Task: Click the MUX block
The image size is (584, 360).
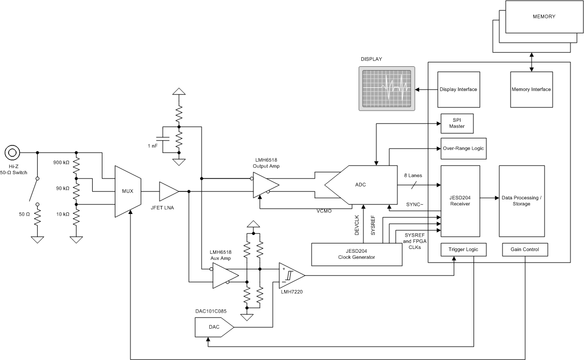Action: (128, 191)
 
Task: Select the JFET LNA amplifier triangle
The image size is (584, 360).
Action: (168, 191)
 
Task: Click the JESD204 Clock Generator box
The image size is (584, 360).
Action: (358, 253)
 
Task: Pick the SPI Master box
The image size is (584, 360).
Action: (457, 123)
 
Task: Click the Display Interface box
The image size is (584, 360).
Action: (458, 89)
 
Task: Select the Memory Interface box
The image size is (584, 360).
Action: (531, 89)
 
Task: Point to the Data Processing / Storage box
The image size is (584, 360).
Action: (521, 200)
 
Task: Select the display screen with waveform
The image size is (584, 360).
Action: (387, 88)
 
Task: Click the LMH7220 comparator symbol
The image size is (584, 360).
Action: (291, 275)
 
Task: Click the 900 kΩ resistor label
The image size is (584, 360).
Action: (61, 163)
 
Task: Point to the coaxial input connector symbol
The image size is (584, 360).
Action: (12, 152)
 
